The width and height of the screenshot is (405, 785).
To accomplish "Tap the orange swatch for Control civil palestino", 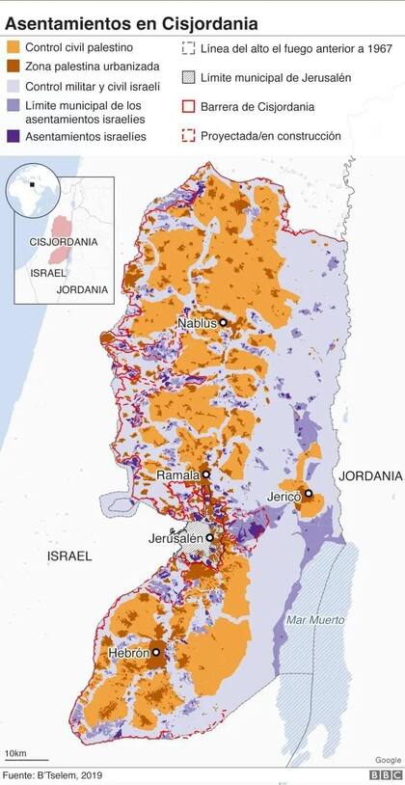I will pyautogui.click(x=13, y=47).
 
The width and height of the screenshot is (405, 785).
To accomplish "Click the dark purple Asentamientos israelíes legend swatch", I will pyautogui.click(x=13, y=137).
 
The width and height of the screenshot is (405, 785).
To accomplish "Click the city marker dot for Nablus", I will pyautogui.click(x=224, y=323).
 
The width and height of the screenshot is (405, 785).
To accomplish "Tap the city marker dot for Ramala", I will pyautogui.click(x=204, y=474).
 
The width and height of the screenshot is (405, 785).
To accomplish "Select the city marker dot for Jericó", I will pyautogui.click(x=309, y=494).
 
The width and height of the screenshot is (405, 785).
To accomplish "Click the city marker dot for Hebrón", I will pyautogui.click(x=155, y=653).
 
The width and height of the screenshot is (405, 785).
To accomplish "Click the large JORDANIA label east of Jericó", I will pyautogui.click(x=369, y=476).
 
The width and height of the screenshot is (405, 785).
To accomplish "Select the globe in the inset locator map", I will pyautogui.click(x=33, y=192).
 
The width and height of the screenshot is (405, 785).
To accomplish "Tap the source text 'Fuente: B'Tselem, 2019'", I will pyautogui.click(x=52, y=774).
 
